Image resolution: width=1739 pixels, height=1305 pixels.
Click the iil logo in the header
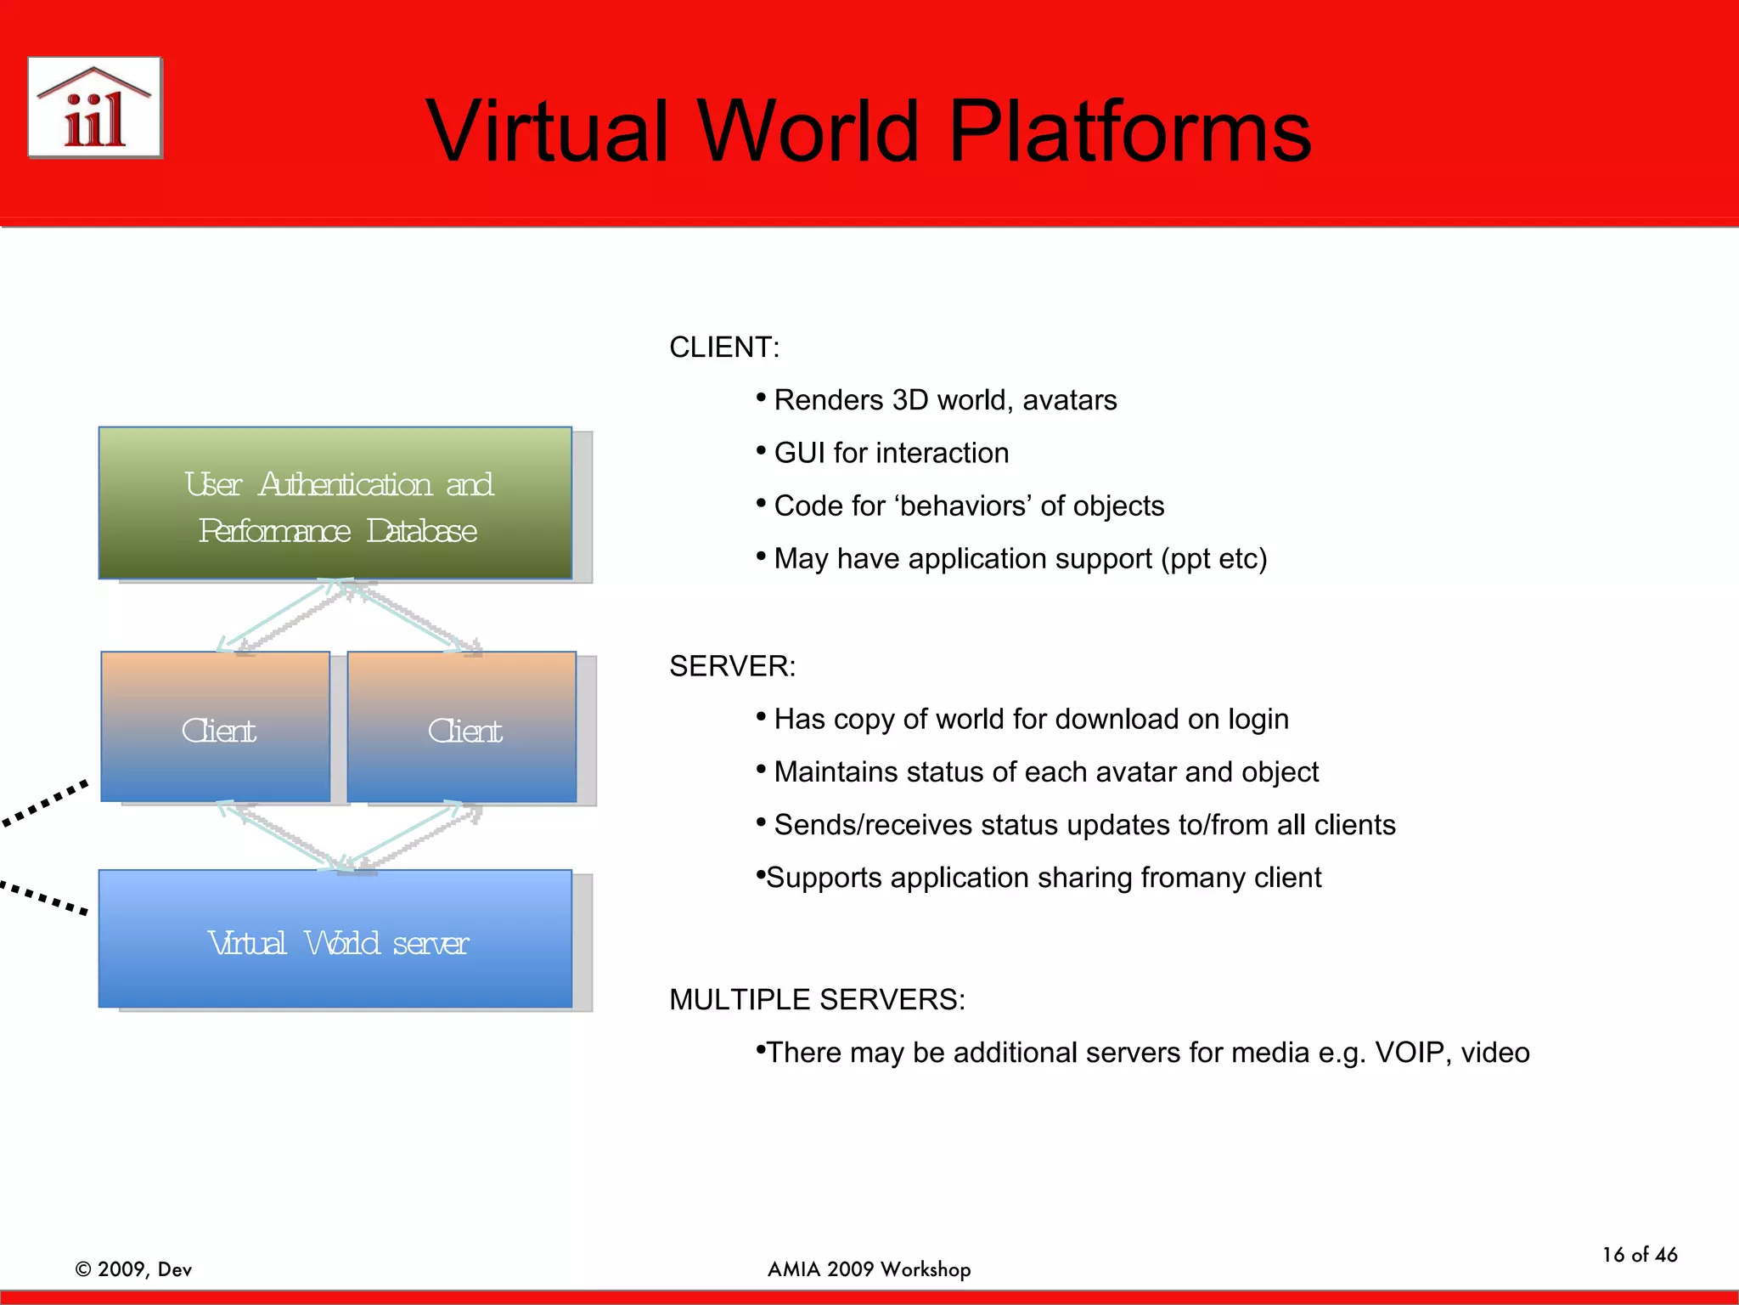94,108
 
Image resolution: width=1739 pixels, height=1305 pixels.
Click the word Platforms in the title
1129,132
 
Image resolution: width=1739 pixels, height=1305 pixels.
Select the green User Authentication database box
335,503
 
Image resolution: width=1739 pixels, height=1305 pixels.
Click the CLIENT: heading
723,347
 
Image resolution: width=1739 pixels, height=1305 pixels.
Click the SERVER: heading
732,666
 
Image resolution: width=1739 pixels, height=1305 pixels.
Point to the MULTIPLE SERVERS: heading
817,999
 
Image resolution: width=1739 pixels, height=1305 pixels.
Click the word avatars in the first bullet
1069,400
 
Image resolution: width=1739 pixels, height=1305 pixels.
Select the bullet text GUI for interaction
891,453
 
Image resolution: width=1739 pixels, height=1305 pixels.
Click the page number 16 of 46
1639,1255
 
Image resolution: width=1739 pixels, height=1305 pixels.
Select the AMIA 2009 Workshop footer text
869,1269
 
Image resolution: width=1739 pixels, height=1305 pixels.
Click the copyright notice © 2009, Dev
133,1269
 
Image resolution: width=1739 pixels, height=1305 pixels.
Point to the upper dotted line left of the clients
44,803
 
